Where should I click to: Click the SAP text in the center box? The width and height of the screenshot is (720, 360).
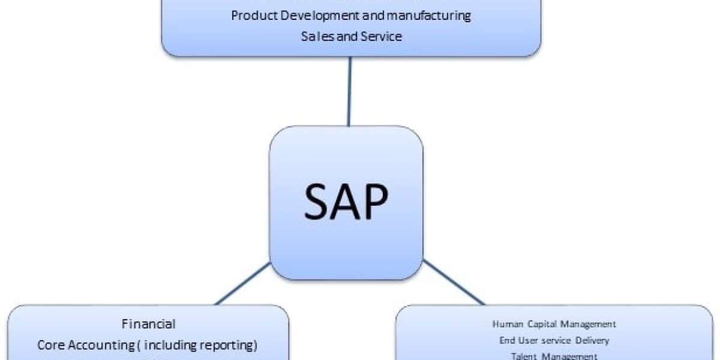tap(346, 202)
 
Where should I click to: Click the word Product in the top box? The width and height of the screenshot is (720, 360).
tap(252, 16)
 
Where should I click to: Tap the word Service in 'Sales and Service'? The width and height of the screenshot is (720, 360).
tap(382, 36)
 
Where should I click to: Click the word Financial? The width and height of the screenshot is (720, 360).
tap(148, 324)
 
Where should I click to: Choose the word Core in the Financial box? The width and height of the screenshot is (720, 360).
tap(50, 345)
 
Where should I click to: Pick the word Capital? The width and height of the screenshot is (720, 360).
tap(541, 324)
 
